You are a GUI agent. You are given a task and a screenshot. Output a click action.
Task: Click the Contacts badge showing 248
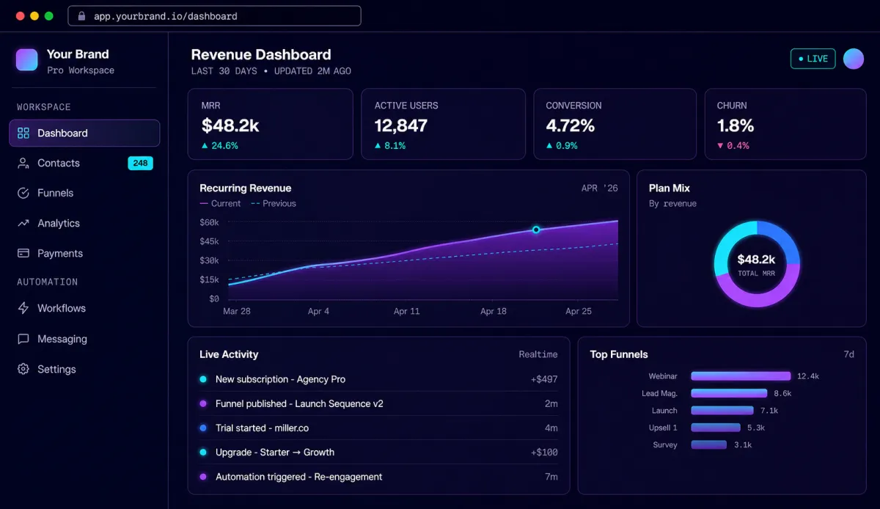140,163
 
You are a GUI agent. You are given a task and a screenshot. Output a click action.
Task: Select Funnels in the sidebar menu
56,193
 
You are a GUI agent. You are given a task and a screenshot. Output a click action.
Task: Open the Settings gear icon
23,369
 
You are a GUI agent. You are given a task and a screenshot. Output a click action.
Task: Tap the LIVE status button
813,59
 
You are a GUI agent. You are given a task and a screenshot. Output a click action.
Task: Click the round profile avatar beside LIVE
854,59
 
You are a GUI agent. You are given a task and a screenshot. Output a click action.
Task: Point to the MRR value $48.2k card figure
230,125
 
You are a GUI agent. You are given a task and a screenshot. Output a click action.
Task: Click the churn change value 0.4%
738,146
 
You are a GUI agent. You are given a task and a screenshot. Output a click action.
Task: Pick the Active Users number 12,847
400,125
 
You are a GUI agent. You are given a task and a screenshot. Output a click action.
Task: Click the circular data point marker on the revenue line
536,230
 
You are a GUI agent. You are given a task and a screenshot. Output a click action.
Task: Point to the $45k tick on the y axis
209,241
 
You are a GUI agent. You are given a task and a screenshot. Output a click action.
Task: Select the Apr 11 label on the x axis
406,311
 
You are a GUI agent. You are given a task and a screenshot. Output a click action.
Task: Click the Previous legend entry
274,204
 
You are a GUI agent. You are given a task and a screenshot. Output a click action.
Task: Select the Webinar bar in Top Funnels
741,376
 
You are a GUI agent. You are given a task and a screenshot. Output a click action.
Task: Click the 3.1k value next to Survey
743,445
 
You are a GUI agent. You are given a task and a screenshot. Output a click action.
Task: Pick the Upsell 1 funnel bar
716,428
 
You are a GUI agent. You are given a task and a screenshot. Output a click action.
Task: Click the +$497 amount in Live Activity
543,379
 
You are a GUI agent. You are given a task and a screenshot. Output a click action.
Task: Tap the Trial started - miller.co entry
262,428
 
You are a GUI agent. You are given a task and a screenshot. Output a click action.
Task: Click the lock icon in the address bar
81,15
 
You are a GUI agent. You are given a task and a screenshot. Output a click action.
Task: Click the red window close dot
21,15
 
